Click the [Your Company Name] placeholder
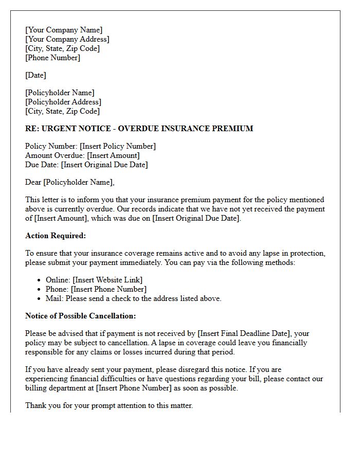tap(64, 30)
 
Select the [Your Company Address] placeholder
tap(67, 39)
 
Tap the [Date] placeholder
tap(35, 75)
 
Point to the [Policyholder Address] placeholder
tap(63, 102)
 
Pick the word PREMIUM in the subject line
tap(234, 129)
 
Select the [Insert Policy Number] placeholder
tap(118, 146)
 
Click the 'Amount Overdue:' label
tap(55, 155)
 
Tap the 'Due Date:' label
tap(42, 165)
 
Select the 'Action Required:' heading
tap(56, 236)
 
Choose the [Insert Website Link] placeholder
tap(107, 280)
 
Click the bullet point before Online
tap(40, 280)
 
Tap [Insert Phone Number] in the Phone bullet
tap(109, 289)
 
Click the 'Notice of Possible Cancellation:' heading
tap(80, 316)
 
